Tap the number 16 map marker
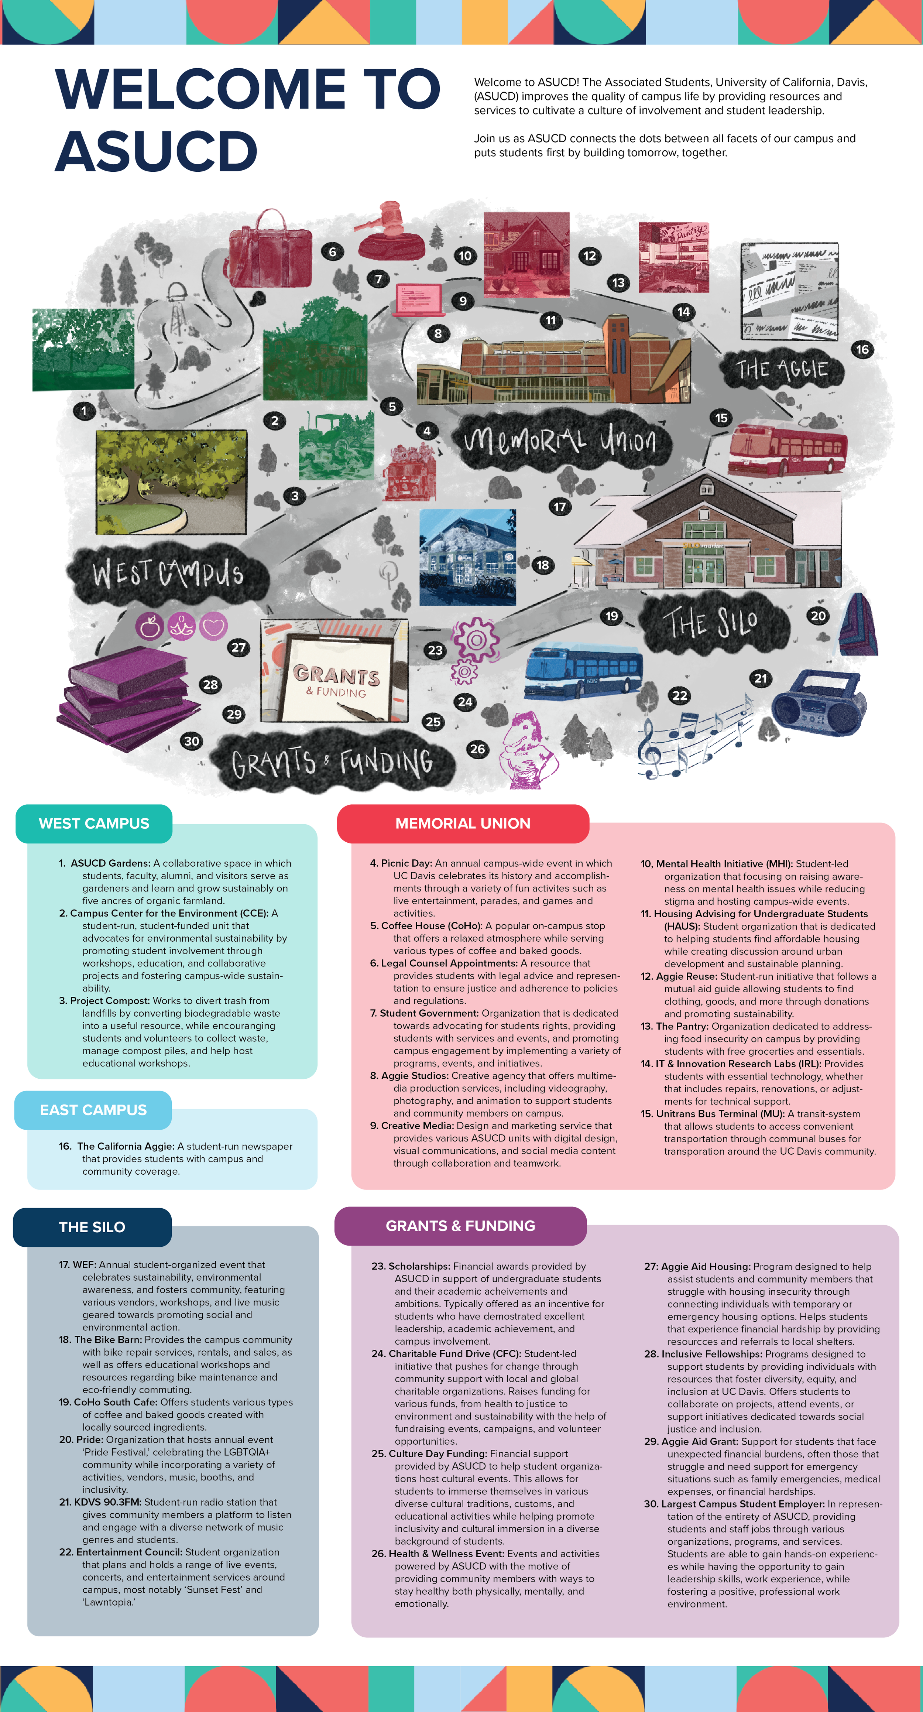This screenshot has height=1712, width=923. [862, 350]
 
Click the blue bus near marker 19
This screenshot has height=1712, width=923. [583, 672]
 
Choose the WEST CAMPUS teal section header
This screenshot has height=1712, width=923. [94, 824]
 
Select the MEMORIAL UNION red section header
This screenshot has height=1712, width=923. [463, 824]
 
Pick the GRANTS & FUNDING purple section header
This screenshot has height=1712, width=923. [460, 1226]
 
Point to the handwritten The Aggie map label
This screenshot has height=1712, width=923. [782, 369]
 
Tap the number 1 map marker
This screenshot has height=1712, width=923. [84, 411]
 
